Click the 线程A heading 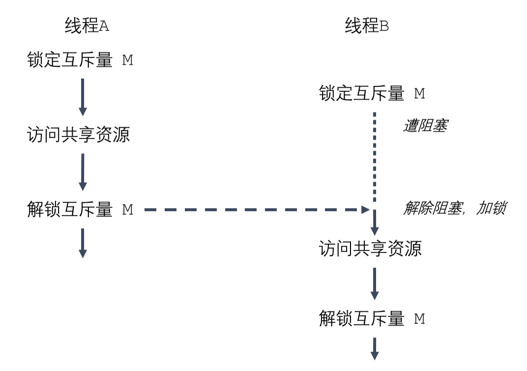coord(87,26)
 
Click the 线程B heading coord(367,26)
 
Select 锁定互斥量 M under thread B coord(372,93)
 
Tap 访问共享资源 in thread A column coord(79,134)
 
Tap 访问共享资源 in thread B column coord(370,249)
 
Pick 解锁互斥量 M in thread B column coord(372,319)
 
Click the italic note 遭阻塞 coord(425,126)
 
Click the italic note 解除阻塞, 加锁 coord(454,209)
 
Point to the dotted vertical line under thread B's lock coord(375,157)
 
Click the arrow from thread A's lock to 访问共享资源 coord(83,97)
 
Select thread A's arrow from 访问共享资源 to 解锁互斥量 coord(83,172)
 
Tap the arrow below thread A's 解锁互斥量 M coord(83,243)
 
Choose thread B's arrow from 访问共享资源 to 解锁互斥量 coord(375,284)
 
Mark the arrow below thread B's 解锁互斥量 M coord(375,349)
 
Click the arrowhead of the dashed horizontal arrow coord(365,210)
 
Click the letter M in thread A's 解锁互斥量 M coord(128,210)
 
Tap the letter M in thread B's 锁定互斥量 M coord(419,93)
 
